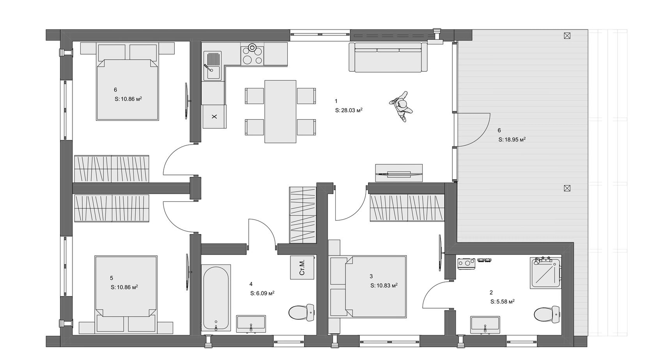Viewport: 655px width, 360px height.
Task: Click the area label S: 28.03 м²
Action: click(x=349, y=110)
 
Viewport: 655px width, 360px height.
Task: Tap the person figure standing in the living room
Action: click(x=401, y=106)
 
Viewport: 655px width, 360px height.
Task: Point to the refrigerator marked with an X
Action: click(x=214, y=116)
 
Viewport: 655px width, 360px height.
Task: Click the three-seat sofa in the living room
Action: click(x=388, y=57)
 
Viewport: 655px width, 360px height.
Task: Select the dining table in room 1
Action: click(x=280, y=111)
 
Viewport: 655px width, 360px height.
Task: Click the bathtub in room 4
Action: click(x=216, y=298)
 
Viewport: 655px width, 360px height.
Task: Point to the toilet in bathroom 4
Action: click(x=301, y=312)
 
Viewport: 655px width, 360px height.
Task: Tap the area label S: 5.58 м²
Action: click(x=502, y=302)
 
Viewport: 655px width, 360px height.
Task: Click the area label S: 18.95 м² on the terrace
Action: click(x=512, y=139)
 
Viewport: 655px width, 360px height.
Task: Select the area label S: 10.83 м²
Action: click(x=384, y=286)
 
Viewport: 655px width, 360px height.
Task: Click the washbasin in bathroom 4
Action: click(x=251, y=324)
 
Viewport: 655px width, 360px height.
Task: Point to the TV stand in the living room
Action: click(x=399, y=173)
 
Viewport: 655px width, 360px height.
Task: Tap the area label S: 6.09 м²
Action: click(x=262, y=293)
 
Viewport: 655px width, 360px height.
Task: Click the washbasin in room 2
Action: click(x=485, y=325)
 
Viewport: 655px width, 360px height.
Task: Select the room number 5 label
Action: click(x=112, y=278)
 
